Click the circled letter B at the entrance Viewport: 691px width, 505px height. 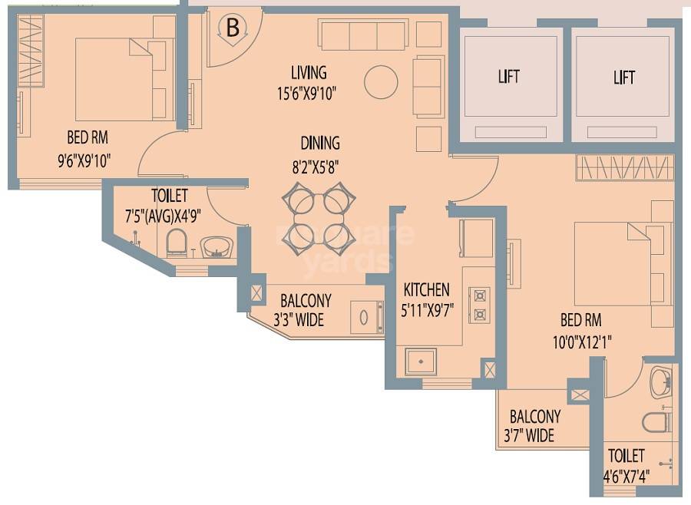(233, 29)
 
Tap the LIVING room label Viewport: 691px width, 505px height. (309, 73)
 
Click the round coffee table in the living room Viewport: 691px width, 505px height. (381, 82)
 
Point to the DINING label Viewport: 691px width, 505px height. (320, 144)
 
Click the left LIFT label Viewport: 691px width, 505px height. (508, 77)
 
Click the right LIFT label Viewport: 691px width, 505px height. (624, 77)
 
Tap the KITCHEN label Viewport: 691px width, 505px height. (426, 289)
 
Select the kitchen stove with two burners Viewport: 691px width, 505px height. (480, 304)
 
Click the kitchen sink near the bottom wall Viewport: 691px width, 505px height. (421, 361)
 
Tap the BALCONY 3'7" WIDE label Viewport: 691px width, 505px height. (535, 427)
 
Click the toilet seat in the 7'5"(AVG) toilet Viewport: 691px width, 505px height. (177, 243)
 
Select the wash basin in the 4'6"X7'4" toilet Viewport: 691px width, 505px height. (660, 383)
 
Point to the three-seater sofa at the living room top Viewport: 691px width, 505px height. (362, 35)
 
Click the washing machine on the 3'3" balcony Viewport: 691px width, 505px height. (367, 317)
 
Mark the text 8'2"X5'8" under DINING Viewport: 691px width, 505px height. (320, 164)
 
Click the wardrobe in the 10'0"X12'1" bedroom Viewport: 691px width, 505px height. (624, 167)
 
